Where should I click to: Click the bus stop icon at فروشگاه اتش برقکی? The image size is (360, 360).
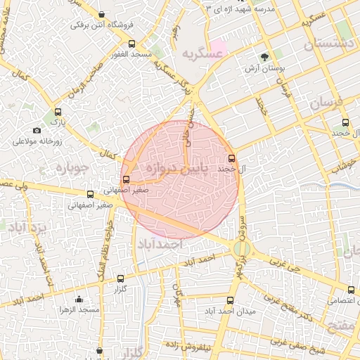point(103,15)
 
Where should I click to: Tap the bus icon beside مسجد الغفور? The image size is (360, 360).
point(114,53)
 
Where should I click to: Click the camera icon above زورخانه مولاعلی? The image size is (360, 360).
point(37,130)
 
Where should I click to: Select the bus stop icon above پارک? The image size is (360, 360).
point(58,111)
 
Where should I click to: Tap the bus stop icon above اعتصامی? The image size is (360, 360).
point(351,290)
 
